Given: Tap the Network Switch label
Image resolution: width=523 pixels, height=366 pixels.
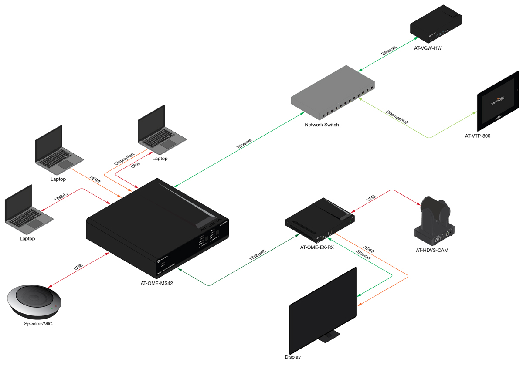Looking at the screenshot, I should coord(322,125).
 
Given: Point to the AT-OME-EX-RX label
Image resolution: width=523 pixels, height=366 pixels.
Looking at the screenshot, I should coord(316,248).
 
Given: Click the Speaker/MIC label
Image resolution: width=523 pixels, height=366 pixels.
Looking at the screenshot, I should coord(38,324).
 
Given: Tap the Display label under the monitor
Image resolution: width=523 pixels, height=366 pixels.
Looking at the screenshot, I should coord(292,357).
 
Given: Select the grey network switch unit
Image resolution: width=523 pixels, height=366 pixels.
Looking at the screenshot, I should coord(332,93).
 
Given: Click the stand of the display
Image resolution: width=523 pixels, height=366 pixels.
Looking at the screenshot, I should coord(329,335).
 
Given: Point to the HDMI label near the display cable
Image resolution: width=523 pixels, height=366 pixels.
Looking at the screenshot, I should coord(369,252).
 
